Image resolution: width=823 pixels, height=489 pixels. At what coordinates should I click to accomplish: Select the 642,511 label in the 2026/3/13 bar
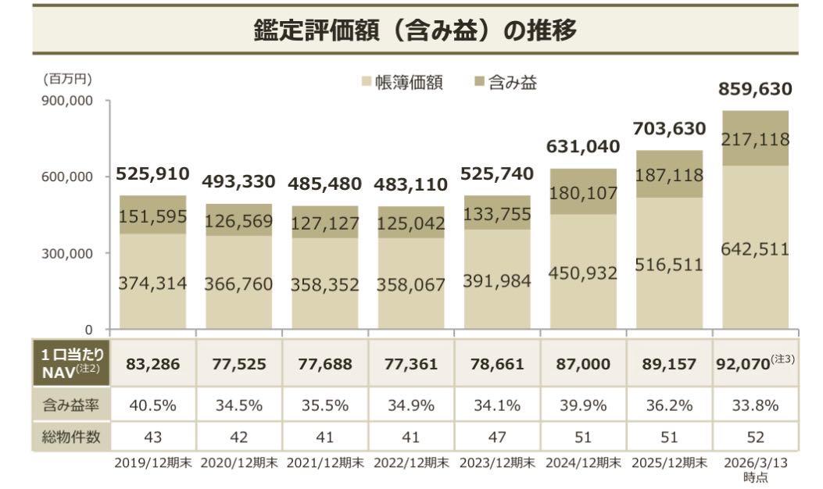[755, 250]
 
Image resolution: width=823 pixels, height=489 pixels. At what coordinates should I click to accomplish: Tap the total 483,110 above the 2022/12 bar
[411, 185]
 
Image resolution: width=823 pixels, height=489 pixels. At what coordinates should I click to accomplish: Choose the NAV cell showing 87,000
[583, 364]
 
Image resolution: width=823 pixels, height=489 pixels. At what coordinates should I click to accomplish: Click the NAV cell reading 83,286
[152, 364]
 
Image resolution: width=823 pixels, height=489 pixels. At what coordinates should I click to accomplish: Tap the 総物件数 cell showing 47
[497, 437]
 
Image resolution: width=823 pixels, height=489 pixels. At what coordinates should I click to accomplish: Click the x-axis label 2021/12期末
[325, 462]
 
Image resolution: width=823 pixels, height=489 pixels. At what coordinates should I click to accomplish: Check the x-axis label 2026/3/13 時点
[755, 469]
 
